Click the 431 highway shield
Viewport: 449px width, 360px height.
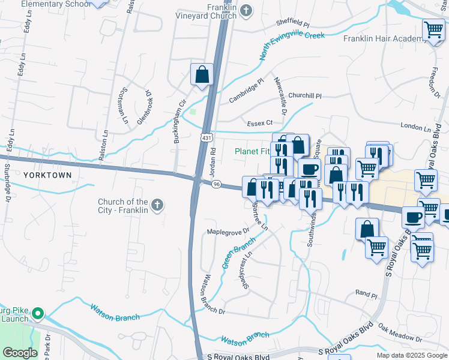click(x=206, y=139)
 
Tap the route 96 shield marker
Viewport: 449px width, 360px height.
click(x=217, y=184)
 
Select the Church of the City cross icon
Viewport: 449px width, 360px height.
click(x=157, y=206)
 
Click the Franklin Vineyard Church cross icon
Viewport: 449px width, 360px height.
click(x=246, y=10)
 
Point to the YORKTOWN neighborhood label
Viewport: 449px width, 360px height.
click(x=47, y=175)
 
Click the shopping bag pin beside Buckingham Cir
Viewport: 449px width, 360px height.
click(x=202, y=75)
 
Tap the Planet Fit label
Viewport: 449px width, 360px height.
click(x=252, y=151)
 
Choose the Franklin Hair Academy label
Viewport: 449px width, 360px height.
click(x=384, y=38)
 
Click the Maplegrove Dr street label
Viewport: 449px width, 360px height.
click(x=228, y=232)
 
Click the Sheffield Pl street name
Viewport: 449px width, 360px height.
click(x=292, y=24)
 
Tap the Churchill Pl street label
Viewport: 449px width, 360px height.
click(x=305, y=95)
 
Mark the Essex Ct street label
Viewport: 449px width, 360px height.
click(x=260, y=123)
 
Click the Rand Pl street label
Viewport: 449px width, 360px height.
click(x=366, y=294)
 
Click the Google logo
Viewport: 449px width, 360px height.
click(x=20, y=353)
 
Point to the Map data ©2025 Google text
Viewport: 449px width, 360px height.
click(x=411, y=355)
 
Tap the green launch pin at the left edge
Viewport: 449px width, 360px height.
click(x=38, y=313)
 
